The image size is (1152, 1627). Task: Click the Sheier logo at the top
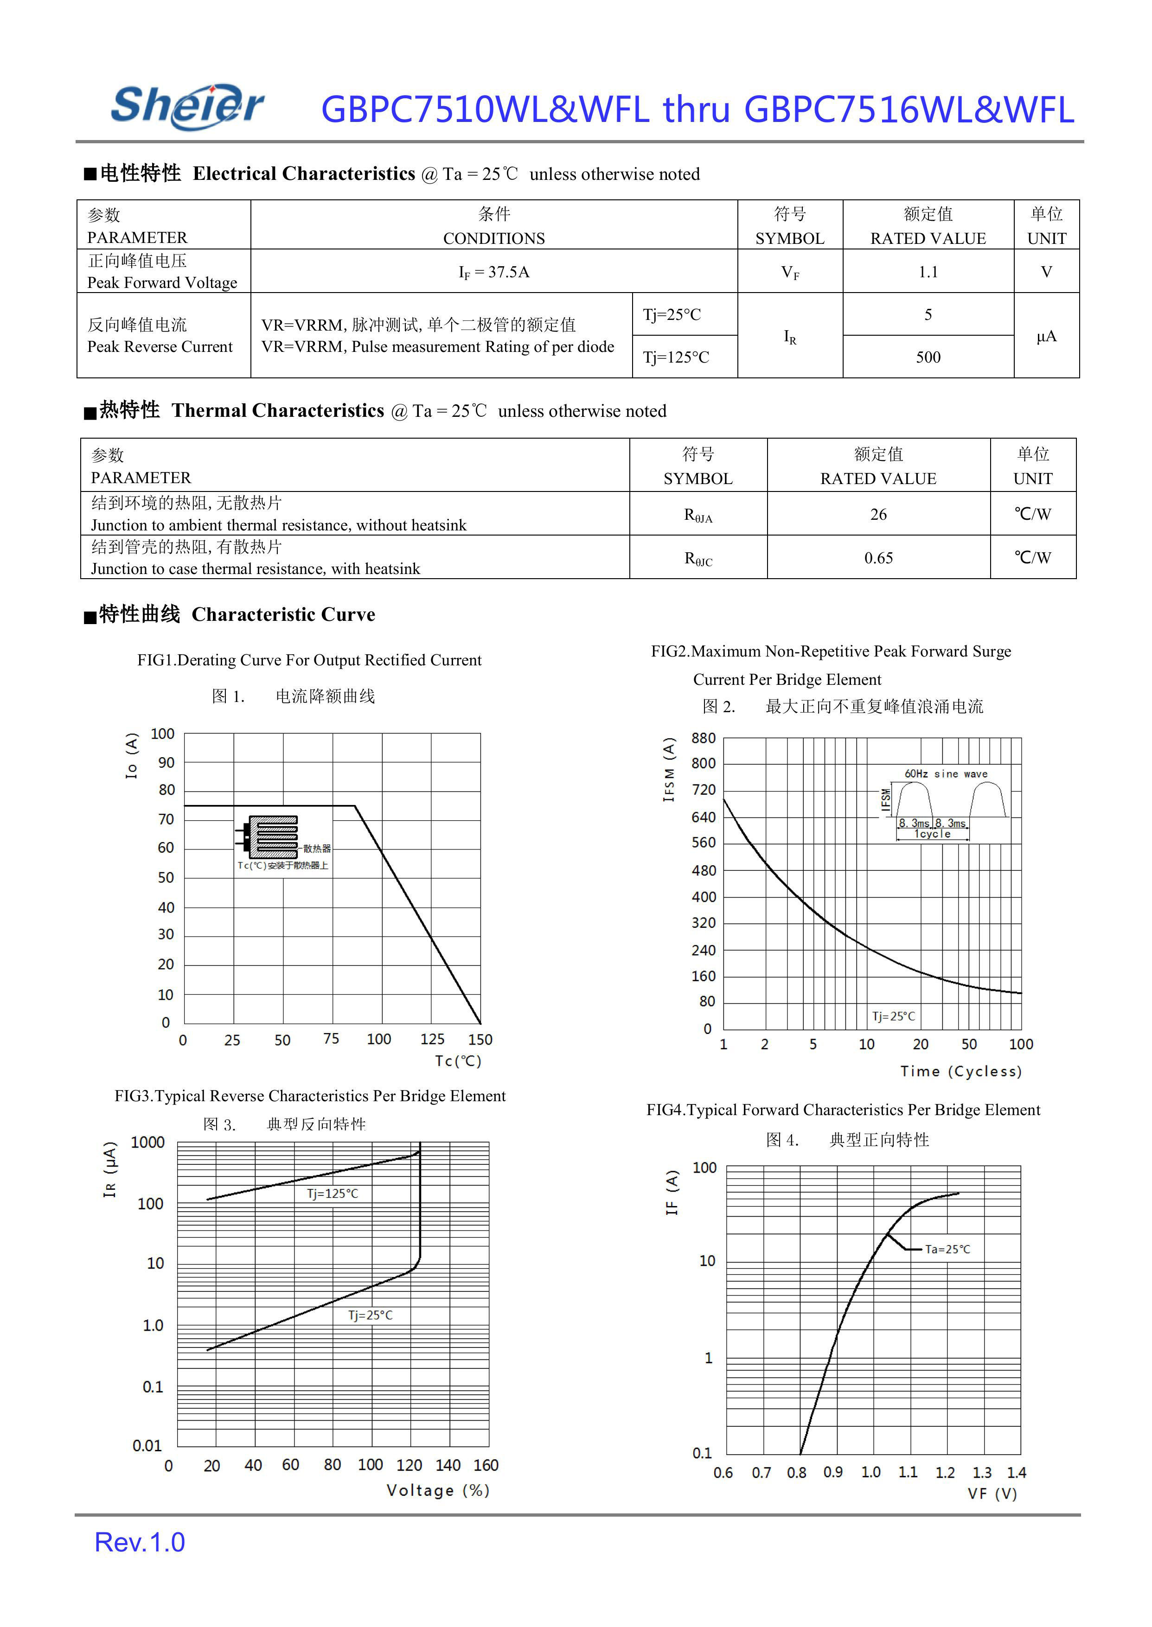click(x=187, y=106)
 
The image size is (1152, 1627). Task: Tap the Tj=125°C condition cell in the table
click(x=676, y=357)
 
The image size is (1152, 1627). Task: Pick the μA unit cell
click(x=1046, y=336)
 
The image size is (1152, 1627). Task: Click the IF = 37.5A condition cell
click(x=494, y=272)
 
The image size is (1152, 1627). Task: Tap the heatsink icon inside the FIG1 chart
click(x=269, y=837)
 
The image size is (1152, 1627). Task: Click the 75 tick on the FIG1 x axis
click(x=331, y=1038)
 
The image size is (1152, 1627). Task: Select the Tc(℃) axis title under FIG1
click(x=458, y=1061)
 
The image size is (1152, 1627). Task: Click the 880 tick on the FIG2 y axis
click(x=703, y=738)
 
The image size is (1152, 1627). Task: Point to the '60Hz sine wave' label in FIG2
click(x=946, y=774)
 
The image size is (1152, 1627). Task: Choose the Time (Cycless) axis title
click(x=960, y=1071)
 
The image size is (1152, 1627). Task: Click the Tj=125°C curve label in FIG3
click(x=332, y=1193)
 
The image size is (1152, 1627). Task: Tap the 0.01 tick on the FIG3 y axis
click(x=147, y=1445)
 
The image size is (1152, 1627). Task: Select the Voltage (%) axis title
click(x=438, y=1490)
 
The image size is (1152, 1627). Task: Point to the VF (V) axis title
click(x=992, y=1493)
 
